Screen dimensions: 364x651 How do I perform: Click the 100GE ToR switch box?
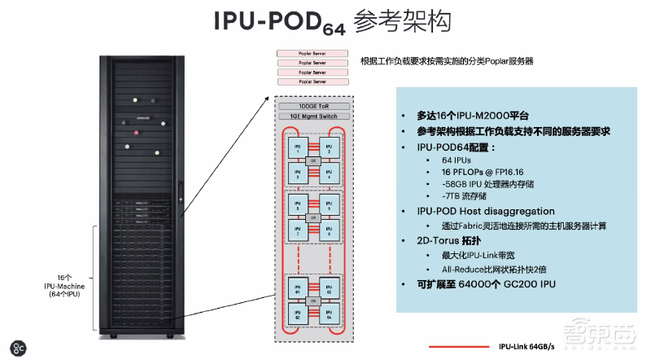coord(313,106)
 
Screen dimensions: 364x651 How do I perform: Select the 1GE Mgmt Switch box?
coord(313,116)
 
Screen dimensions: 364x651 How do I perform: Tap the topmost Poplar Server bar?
coord(313,53)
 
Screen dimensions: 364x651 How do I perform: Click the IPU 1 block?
coord(297,148)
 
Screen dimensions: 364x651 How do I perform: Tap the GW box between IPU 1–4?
coord(313,160)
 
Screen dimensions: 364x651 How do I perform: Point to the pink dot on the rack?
coord(135,133)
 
